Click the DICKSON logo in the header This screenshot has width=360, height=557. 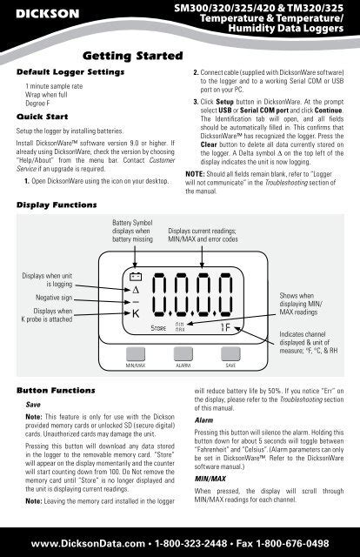pos(48,14)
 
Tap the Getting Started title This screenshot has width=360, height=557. pos(133,56)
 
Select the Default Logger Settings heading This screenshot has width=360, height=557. pos(70,72)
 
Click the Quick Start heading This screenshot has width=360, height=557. pos(43,117)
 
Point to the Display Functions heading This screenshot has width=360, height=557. pos(57,205)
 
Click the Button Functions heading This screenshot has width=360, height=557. pos(56,391)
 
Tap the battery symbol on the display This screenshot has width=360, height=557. pos(136,277)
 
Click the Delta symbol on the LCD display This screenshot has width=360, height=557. pos(136,290)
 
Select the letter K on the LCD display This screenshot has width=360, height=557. pos(136,313)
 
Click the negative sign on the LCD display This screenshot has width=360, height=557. pos(136,302)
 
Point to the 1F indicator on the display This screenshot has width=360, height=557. pos(225,327)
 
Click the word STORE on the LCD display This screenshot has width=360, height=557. pos(158,328)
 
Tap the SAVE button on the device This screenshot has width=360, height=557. pos(230,354)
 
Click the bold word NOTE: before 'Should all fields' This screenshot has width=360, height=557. pos(195,174)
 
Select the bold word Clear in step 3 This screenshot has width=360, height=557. pos(209,144)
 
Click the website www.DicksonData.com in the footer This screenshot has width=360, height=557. pos(88,543)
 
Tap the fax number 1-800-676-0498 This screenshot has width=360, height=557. pos(292,543)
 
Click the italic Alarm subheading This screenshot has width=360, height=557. pos(203,420)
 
